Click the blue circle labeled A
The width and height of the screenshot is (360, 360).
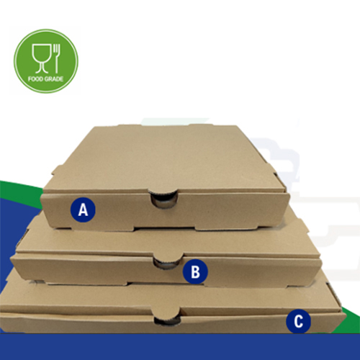[83, 210]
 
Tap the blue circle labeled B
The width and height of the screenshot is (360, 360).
[195, 271]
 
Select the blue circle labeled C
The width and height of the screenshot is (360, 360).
[298, 321]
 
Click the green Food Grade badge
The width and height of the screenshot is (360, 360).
[46, 61]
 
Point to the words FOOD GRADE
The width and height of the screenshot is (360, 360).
[45, 78]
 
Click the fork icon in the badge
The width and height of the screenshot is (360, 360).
[57, 58]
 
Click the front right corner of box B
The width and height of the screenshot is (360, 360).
[321, 259]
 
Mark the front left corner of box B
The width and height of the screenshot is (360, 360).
[12, 256]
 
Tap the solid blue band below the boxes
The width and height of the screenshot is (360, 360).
[180, 347]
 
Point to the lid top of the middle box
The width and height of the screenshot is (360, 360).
[168, 240]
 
